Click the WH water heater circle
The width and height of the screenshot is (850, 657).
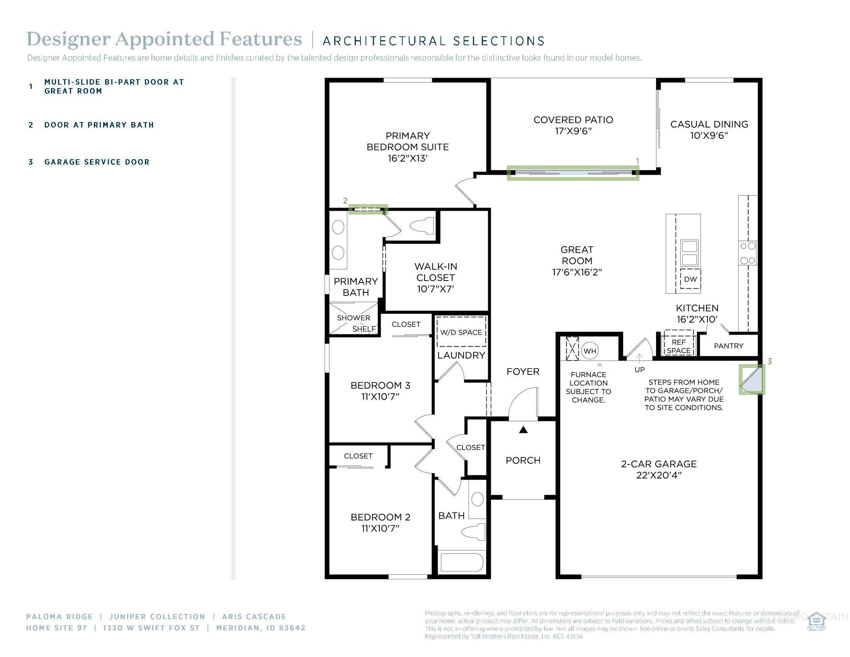590,351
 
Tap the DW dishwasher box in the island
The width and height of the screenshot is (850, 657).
690,279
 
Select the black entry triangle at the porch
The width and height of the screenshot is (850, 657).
524,430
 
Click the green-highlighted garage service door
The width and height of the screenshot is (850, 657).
751,379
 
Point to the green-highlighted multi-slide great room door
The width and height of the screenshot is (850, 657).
573,172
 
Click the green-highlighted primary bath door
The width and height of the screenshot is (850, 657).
368,210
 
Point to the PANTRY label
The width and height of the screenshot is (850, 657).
728,346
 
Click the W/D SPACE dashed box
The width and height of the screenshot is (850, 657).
461,332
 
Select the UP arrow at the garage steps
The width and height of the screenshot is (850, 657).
639,359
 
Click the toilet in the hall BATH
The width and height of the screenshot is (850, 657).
473,532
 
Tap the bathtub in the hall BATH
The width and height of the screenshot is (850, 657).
461,562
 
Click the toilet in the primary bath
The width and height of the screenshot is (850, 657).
422,226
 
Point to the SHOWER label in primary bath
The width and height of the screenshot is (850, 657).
354,318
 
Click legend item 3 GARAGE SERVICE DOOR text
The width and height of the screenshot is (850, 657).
97,162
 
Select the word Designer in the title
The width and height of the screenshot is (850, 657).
68,39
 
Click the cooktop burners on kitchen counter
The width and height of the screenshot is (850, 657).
748,253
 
